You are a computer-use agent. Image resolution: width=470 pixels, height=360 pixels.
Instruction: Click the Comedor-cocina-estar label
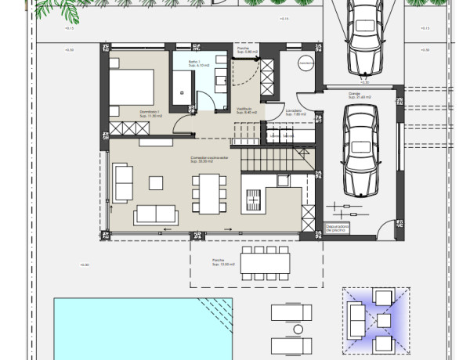point(209,158)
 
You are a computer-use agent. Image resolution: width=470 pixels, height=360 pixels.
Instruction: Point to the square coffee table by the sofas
point(155,182)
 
